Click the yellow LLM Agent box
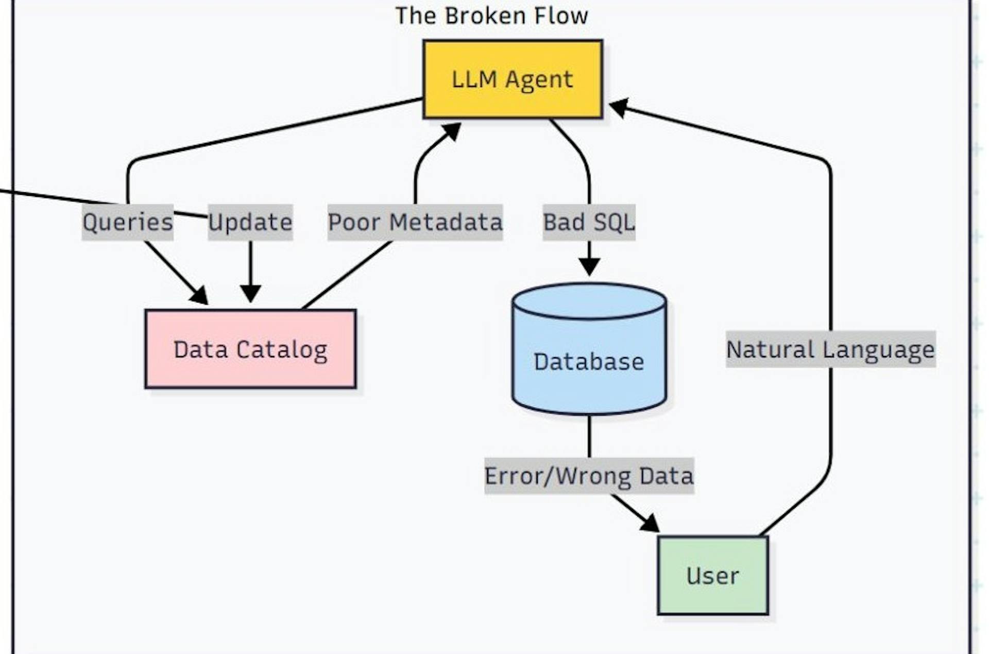click(x=513, y=79)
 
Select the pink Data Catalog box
click(x=250, y=349)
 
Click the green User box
click(x=712, y=575)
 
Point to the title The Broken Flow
click(x=491, y=15)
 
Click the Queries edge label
click(x=127, y=222)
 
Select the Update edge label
click(x=250, y=222)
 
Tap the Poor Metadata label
click(x=415, y=222)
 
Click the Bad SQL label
click(x=589, y=222)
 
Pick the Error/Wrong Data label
click(x=589, y=476)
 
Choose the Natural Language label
click(x=830, y=349)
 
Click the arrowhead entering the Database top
click(x=589, y=267)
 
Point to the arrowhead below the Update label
click(x=250, y=294)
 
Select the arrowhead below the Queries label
click(x=199, y=296)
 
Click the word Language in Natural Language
click(x=878, y=350)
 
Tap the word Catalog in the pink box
click(x=282, y=350)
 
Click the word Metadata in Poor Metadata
click(x=446, y=222)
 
